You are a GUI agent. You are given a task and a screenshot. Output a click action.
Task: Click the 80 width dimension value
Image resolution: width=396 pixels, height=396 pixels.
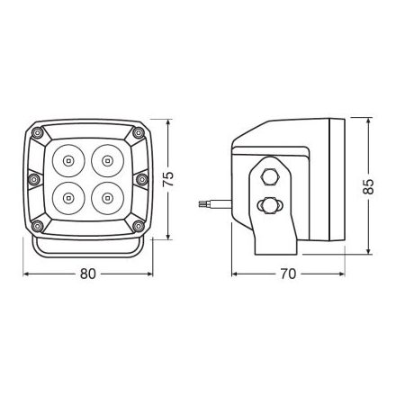(88, 274)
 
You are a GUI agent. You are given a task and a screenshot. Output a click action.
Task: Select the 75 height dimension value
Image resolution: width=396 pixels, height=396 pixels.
(168, 179)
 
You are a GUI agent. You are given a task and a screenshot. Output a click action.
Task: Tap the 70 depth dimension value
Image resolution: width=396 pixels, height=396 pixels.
(288, 274)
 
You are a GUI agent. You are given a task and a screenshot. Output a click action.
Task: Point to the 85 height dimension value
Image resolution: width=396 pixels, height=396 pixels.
(368, 186)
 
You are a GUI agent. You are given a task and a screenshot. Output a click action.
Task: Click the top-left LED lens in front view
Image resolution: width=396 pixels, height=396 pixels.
(68, 161)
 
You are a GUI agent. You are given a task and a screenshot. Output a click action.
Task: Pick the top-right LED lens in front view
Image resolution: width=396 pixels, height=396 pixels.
(107, 161)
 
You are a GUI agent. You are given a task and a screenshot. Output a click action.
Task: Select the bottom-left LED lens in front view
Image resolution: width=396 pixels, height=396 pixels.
(68, 198)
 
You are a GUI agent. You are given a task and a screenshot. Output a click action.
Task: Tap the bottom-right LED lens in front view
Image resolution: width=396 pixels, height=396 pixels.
(107, 198)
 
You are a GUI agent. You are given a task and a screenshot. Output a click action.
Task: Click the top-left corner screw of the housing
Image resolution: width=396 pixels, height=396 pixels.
(37, 132)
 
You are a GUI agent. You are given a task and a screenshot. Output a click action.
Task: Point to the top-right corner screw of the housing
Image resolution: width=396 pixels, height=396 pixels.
(139, 132)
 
